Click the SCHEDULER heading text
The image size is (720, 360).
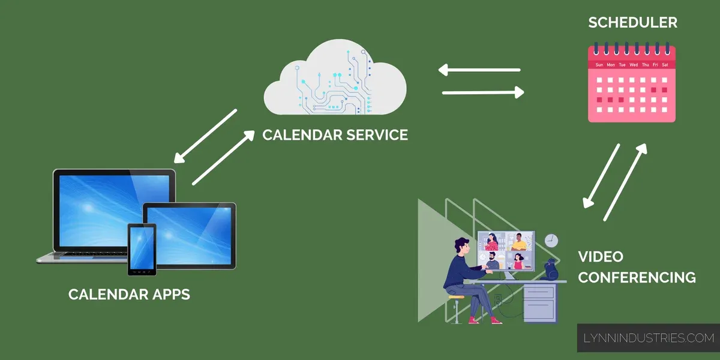click(x=632, y=23)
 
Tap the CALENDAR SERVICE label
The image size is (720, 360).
click(x=335, y=134)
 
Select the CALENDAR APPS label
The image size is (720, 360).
click(x=129, y=294)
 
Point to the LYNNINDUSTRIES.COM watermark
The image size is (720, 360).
click(x=649, y=338)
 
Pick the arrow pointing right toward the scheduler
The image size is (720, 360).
click(x=483, y=92)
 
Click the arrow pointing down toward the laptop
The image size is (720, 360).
click(x=205, y=136)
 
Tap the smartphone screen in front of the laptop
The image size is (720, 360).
click(x=142, y=248)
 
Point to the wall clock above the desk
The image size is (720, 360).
click(x=551, y=241)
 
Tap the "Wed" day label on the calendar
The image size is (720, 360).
click(x=633, y=64)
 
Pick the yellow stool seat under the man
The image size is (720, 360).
click(x=456, y=296)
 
